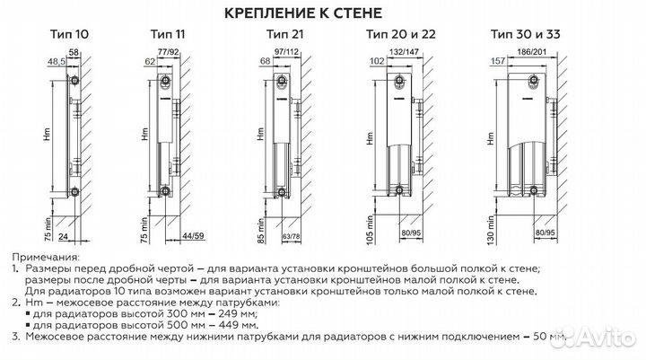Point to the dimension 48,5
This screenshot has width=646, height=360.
tap(53, 64)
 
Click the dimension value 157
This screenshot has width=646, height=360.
tap(494, 64)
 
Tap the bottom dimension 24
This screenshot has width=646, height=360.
tap(62, 237)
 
